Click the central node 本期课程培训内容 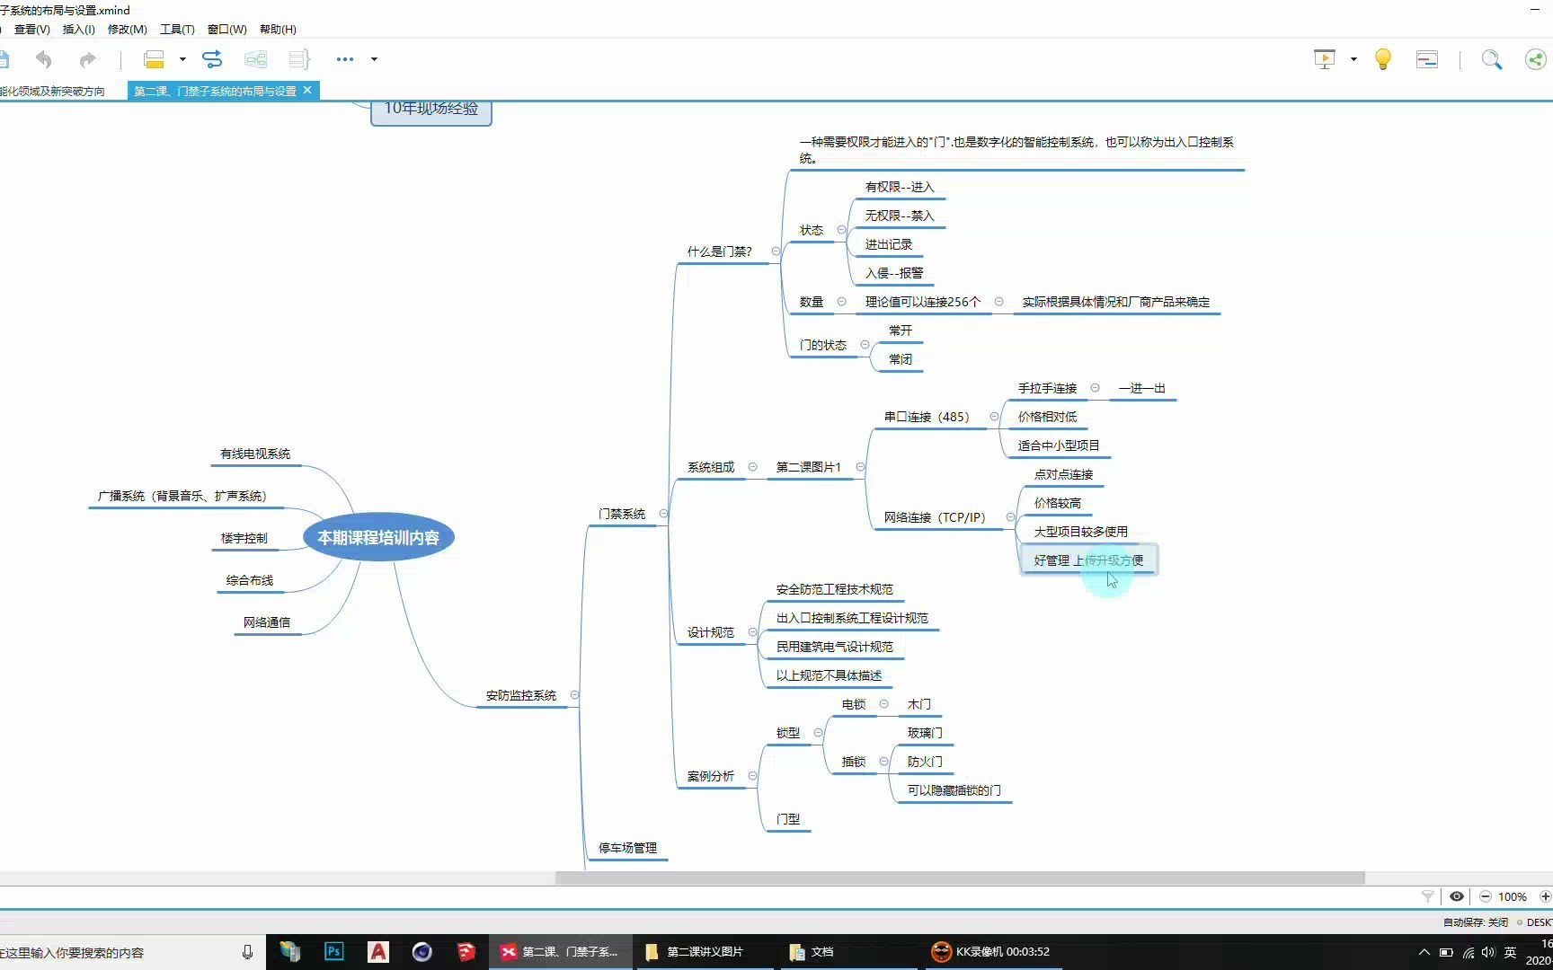(x=378, y=537)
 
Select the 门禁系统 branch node (x=622, y=514)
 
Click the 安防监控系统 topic (x=521, y=695)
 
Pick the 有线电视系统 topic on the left (x=255, y=454)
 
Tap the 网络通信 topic (x=267, y=622)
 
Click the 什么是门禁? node (x=719, y=251)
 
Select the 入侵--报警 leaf (x=894, y=273)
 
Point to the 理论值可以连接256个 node (x=923, y=302)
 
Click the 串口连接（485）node (x=927, y=417)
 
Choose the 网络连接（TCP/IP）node (x=935, y=517)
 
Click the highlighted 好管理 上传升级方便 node (x=1088, y=560)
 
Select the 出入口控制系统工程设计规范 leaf (x=852, y=618)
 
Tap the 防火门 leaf (x=925, y=762)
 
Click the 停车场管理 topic (x=628, y=848)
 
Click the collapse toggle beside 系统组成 (x=753, y=467)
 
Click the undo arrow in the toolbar (x=43, y=59)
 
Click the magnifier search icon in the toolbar (x=1491, y=59)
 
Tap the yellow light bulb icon (x=1383, y=59)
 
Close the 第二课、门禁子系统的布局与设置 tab (x=307, y=90)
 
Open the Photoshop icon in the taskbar (x=333, y=951)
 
